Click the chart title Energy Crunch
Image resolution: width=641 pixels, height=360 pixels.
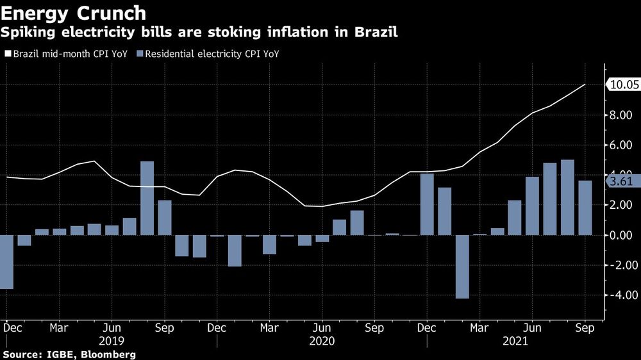click(x=74, y=12)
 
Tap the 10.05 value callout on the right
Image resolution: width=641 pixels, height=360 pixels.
click(x=621, y=85)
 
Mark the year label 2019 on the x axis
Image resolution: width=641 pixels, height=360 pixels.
click(x=112, y=341)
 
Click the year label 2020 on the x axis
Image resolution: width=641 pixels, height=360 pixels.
click(x=322, y=341)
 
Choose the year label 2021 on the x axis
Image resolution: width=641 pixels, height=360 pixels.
click(x=532, y=341)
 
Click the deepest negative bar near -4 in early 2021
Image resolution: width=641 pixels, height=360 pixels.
click(x=462, y=266)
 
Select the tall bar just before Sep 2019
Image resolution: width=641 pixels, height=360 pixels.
click(x=147, y=198)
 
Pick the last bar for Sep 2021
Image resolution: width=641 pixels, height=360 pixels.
click(x=585, y=208)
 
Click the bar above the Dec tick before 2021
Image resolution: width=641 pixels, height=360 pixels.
click(x=427, y=204)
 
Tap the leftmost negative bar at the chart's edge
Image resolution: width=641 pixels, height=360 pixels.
click(x=6, y=262)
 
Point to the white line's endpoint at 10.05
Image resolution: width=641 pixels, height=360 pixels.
click(x=585, y=85)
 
